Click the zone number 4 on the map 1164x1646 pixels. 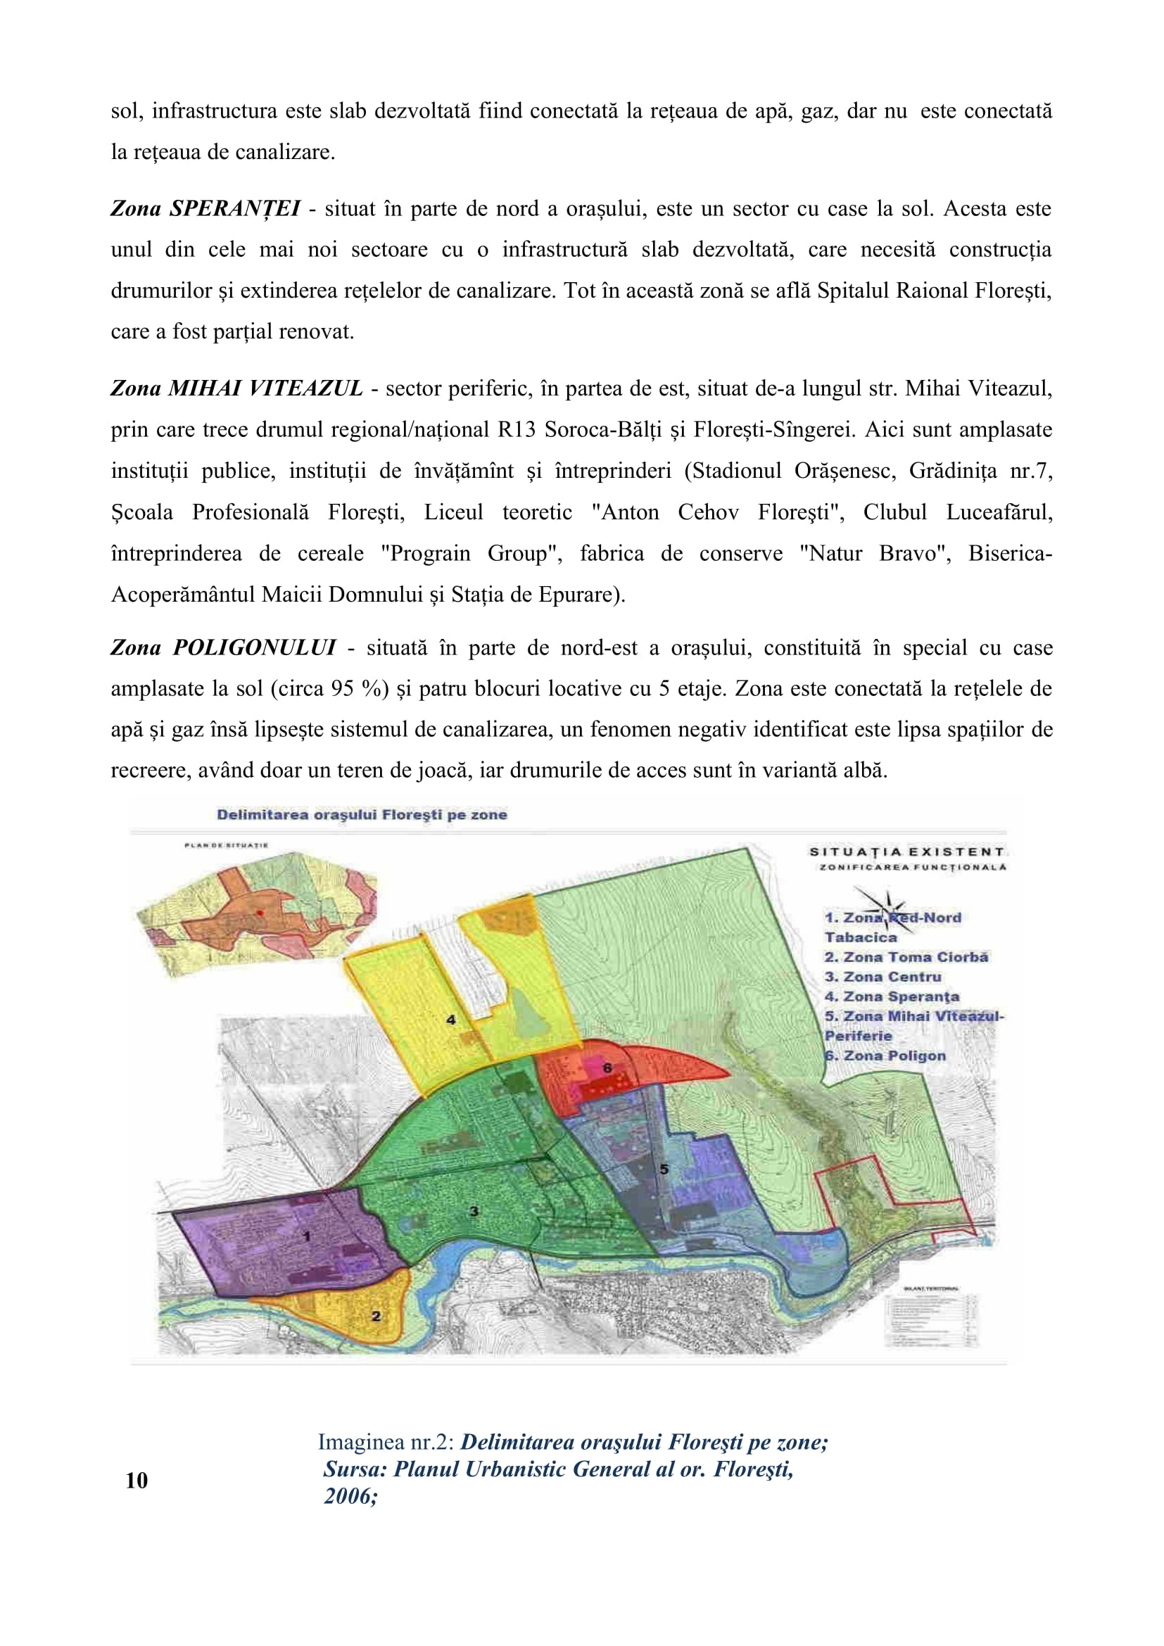click(x=451, y=1019)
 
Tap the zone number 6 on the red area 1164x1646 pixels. click(x=607, y=1068)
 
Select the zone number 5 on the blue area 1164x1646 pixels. click(x=664, y=1170)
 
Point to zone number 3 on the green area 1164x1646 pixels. click(x=474, y=1211)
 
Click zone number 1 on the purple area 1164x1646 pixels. click(x=308, y=1236)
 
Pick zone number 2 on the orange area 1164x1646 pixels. click(x=377, y=1315)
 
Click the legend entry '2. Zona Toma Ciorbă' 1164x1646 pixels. click(x=906, y=957)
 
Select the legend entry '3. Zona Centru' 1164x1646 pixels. click(x=883, y=977)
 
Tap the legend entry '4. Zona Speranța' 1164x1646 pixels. click(x=892, y=996)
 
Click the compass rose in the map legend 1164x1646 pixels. click(x=887, y=909)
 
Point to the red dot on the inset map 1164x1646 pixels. click(x=260, y=912)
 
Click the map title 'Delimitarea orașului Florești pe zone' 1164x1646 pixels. click(x=362, y=814)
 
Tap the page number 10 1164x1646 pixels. click(x=137, y=1481)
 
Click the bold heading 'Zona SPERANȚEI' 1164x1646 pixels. click(x=205, y=208)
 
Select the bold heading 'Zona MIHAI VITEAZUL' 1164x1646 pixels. click(x=236, y=388)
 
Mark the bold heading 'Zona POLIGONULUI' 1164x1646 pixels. click(x=223, y=647)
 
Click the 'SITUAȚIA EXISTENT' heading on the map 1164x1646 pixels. click(x=906, y=852)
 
